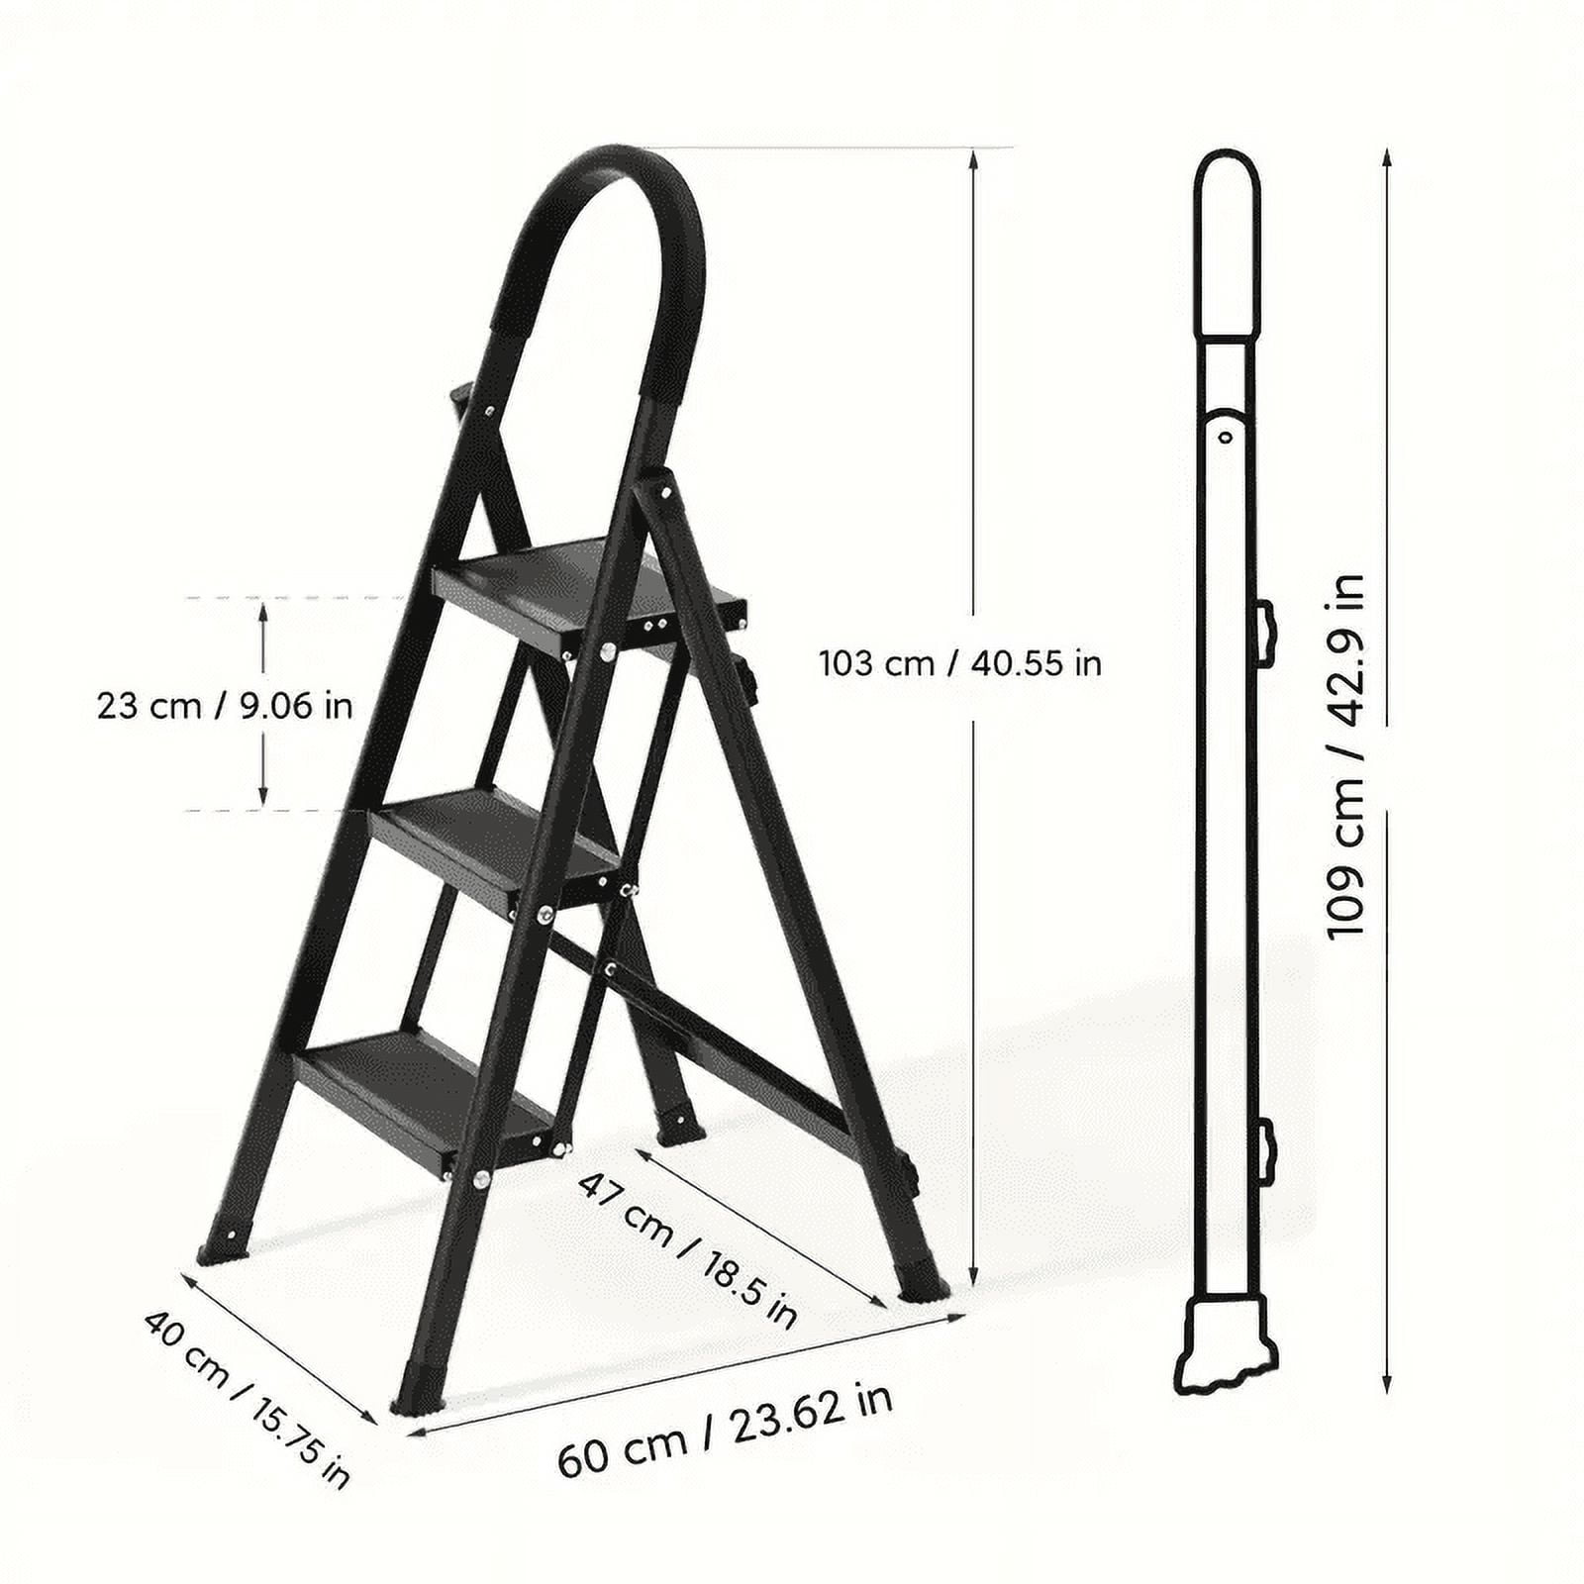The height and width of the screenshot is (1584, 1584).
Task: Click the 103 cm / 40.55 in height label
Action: click(x=959, y=662)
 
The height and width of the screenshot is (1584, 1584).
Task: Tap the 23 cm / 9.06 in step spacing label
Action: click(x=225, y=706)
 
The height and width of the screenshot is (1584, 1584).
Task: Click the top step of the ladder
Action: click(x=584, y=593)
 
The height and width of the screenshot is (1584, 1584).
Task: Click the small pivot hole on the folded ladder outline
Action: click(x=1226, y=436)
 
